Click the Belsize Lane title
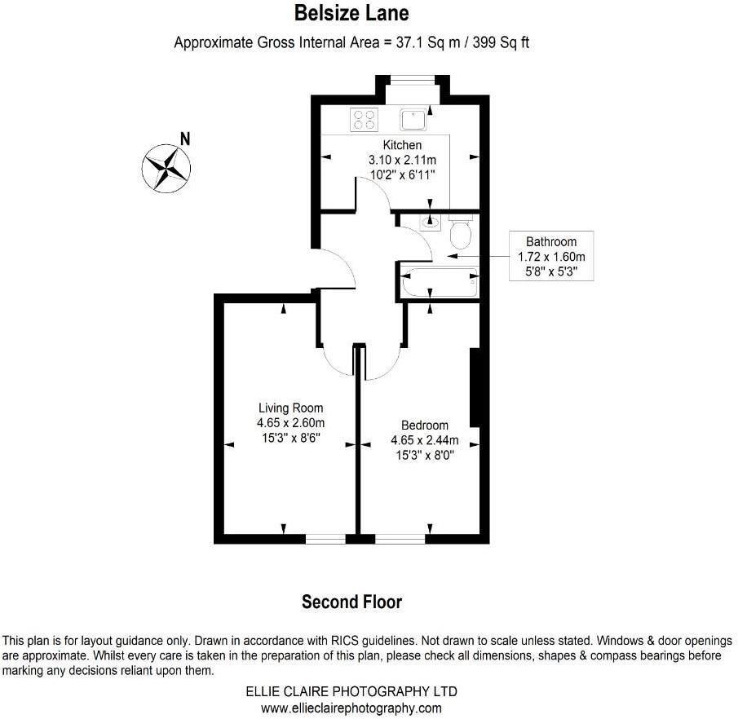(x=351, y=14)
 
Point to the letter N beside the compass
(x=185, y=139)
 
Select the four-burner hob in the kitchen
(x=364, y=120)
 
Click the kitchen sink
(x=413, y=120)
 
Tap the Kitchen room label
(x=402, y=145)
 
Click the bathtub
(x=440, y=283)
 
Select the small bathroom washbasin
(x=431, y=221)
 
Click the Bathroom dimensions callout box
(x=551, y=256)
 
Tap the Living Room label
(x=291, y=408)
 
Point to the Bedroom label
(x=425, y=425)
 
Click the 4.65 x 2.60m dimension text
(x=291, y=422)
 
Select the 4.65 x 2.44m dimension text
(x=425, y=440)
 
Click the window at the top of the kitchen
(x=412, y=79)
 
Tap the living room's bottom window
(x=325, y=538)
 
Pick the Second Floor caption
(x=351, y=602)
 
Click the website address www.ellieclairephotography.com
(x=351, y=708)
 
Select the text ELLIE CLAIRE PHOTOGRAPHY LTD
(x=351, y=691)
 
